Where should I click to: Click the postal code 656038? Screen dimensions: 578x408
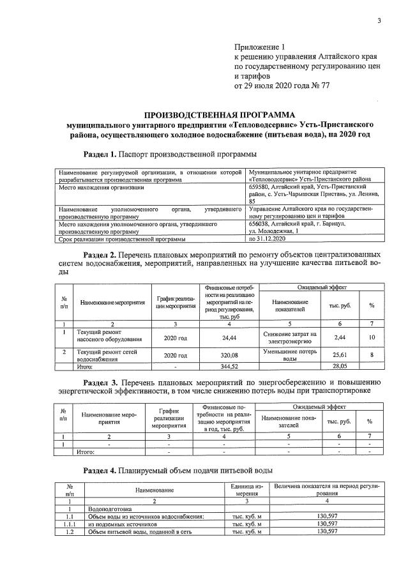(261, 224)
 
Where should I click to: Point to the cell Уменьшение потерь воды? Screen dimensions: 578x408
(290, 354)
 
